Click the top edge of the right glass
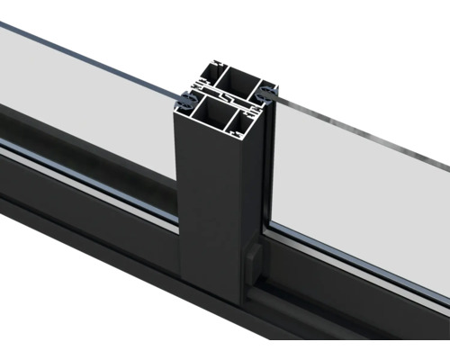point(360,130)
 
